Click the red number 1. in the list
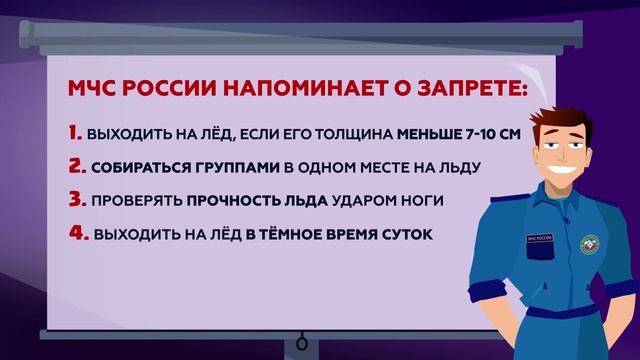(x=75, y=133)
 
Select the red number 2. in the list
(x=76, y=167)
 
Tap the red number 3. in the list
(x=76, y=201)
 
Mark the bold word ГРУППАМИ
(x=228, y=168)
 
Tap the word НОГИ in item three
(x=421, y=202)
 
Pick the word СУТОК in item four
(x=412, y=236)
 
